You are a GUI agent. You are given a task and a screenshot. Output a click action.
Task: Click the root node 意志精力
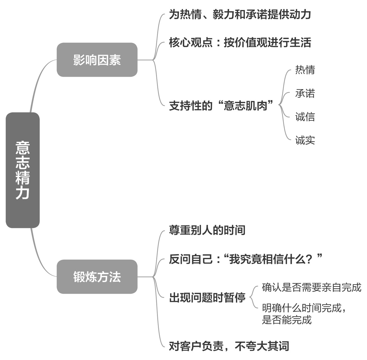coord(23,170)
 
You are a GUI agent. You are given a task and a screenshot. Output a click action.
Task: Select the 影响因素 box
coord(97,60)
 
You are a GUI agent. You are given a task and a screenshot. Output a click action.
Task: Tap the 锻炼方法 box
coord(97,276)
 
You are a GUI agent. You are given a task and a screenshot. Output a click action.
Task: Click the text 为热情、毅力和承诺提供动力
coord(240,15)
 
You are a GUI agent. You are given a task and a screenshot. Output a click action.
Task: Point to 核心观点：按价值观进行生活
coord(240,43)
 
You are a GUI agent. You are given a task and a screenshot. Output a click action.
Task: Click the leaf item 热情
coord(305,70)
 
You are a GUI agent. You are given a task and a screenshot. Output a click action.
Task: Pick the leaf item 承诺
coord(305,93)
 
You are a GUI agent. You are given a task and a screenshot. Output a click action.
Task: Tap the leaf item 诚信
coord(305,117)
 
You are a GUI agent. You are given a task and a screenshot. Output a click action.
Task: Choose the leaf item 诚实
coord(305,140)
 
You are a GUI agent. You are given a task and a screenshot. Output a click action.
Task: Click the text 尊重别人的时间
coord(207,230)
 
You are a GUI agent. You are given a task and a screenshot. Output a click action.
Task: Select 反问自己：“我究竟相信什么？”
coord(245,259)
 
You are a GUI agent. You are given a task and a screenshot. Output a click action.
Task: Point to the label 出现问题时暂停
coord(207,298)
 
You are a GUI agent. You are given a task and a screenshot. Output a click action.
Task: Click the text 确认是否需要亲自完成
coord(311,287)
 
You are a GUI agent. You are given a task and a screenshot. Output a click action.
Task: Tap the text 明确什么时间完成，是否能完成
coord(304,314)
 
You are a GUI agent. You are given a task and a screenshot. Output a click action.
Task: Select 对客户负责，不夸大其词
coord(229,346)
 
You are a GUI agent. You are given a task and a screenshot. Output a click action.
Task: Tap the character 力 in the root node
coord(23,193)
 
